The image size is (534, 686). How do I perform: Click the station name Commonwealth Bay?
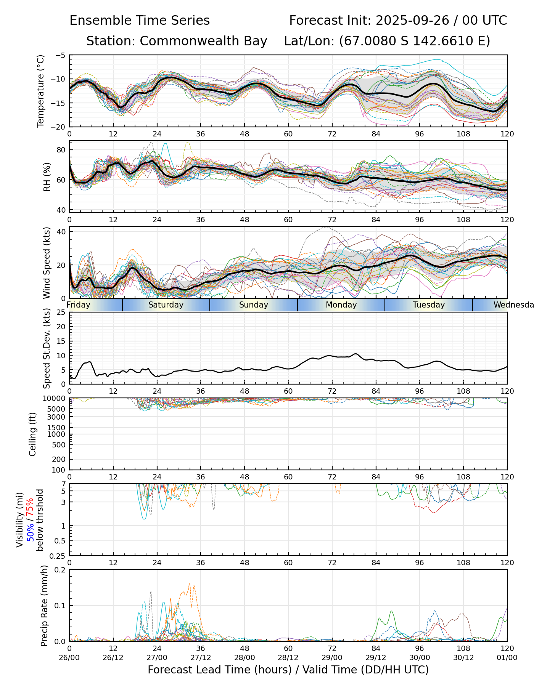203,41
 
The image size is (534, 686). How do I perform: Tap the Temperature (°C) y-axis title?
41,91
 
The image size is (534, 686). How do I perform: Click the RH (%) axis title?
47,176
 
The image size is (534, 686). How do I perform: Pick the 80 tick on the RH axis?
61,150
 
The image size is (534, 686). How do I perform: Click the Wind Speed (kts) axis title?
47,263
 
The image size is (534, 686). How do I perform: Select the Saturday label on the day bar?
166,305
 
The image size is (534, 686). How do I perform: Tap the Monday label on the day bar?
341,305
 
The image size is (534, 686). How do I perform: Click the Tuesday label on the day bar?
429,305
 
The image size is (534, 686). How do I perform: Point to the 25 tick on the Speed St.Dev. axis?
61,313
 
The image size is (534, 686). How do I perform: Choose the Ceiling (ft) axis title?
33,434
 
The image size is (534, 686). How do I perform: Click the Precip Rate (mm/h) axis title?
44,605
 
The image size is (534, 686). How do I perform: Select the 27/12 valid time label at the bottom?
201,657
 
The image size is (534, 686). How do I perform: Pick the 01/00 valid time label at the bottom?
507,657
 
